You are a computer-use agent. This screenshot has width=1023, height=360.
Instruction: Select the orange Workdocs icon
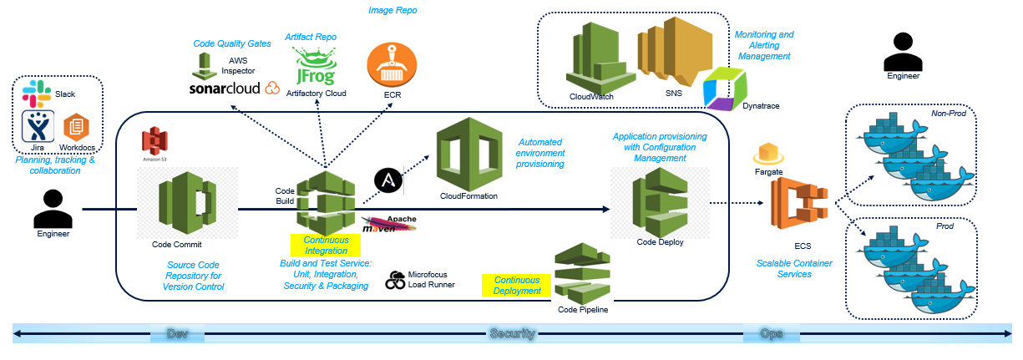point(76,127)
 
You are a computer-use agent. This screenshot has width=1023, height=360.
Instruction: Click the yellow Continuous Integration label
point(325,245)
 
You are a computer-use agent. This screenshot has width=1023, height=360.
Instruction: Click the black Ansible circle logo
point(387,180)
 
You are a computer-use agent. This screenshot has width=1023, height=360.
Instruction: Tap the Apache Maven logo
point(388,224)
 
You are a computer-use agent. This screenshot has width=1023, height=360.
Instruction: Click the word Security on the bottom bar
point(511,333)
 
